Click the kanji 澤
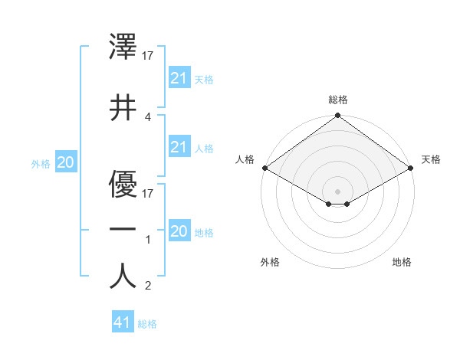123,47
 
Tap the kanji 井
123,107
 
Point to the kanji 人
123,276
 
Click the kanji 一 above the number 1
123,229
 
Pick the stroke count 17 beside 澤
149,55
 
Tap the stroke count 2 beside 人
148,286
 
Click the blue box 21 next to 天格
179,78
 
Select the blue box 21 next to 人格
179,147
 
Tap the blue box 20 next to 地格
179,231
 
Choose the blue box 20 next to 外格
65,162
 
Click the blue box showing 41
123,322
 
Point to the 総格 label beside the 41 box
147,324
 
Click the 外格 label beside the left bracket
41,163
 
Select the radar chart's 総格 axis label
337,100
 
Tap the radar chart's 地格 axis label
402,262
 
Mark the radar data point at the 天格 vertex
412,168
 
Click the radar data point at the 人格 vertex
264,168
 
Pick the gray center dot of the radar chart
337,191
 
